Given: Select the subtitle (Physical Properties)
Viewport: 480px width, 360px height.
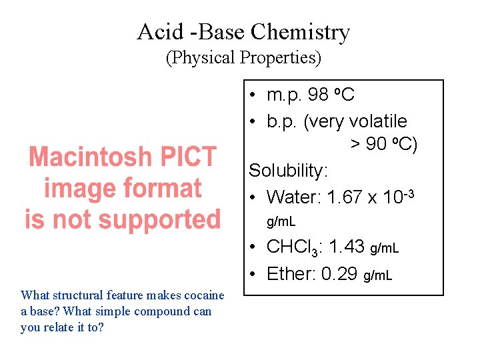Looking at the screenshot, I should point(243,58).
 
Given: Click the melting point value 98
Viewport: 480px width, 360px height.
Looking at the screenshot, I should point(319,95).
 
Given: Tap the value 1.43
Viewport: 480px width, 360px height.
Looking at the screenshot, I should point(347,247).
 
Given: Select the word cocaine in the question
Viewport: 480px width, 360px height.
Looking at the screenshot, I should point(203,295).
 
